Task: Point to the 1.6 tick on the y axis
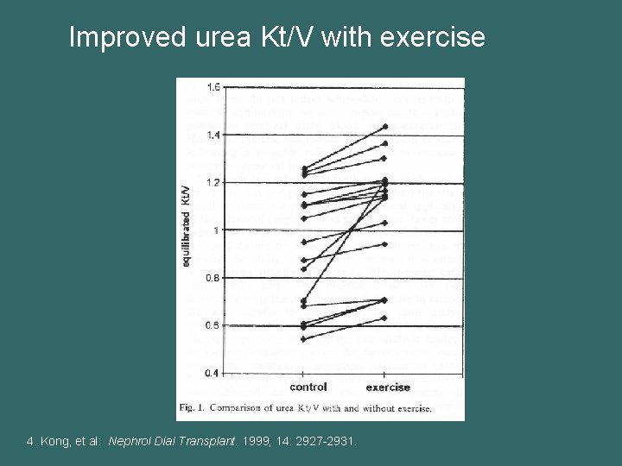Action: [x=213, y=86]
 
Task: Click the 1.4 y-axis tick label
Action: [x=213, y=135]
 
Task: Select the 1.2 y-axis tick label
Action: [x=213, y=182]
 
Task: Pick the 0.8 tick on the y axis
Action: [x=213, y=278]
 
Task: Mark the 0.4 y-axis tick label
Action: [x=213, y=373]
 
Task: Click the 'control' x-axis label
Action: [x=308, y=387]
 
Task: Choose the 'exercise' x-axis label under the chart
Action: [x=388, y=387]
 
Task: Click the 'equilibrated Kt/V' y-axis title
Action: [x=187, y=225]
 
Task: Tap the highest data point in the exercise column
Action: [x=385, y=127]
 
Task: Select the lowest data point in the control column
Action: [x=303, y=339]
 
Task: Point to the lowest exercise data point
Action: [x=385, y=318]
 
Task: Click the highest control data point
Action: [x=303, y=168]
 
